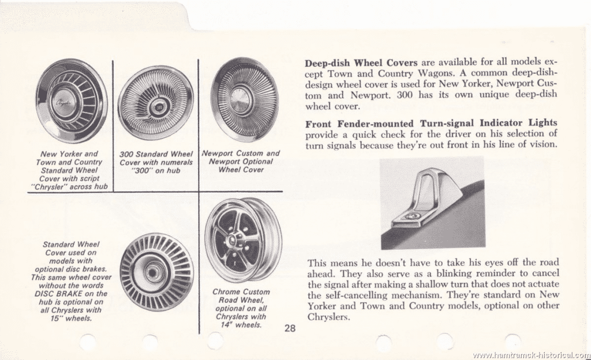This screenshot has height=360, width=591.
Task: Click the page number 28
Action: click(x=290, y=328)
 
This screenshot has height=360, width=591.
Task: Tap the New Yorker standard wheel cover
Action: click(x=71, y=102)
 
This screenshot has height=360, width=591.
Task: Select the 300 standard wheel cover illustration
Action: click(x=156, y=107)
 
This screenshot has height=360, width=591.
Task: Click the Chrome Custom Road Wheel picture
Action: click(x=243, y=239)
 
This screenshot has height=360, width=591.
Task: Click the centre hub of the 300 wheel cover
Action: click(x=156, y=108)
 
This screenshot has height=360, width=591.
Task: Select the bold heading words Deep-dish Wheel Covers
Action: click(x=361, y=62)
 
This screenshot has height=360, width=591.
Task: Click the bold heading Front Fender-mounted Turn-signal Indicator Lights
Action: click(x=431, y=123)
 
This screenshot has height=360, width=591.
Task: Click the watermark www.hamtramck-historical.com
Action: click(x=532, y=355)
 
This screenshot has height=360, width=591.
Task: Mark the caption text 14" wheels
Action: click(x=241, y=325)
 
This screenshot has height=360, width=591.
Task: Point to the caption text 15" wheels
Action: click(x=71, y=318)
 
